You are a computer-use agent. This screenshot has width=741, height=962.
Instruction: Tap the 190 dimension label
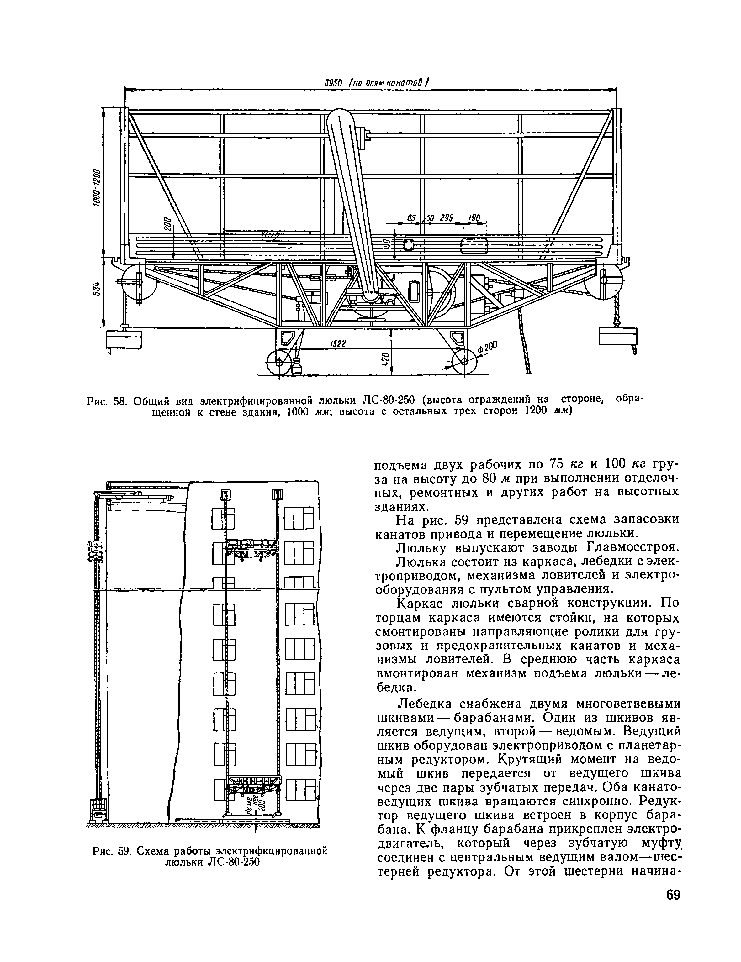474,217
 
